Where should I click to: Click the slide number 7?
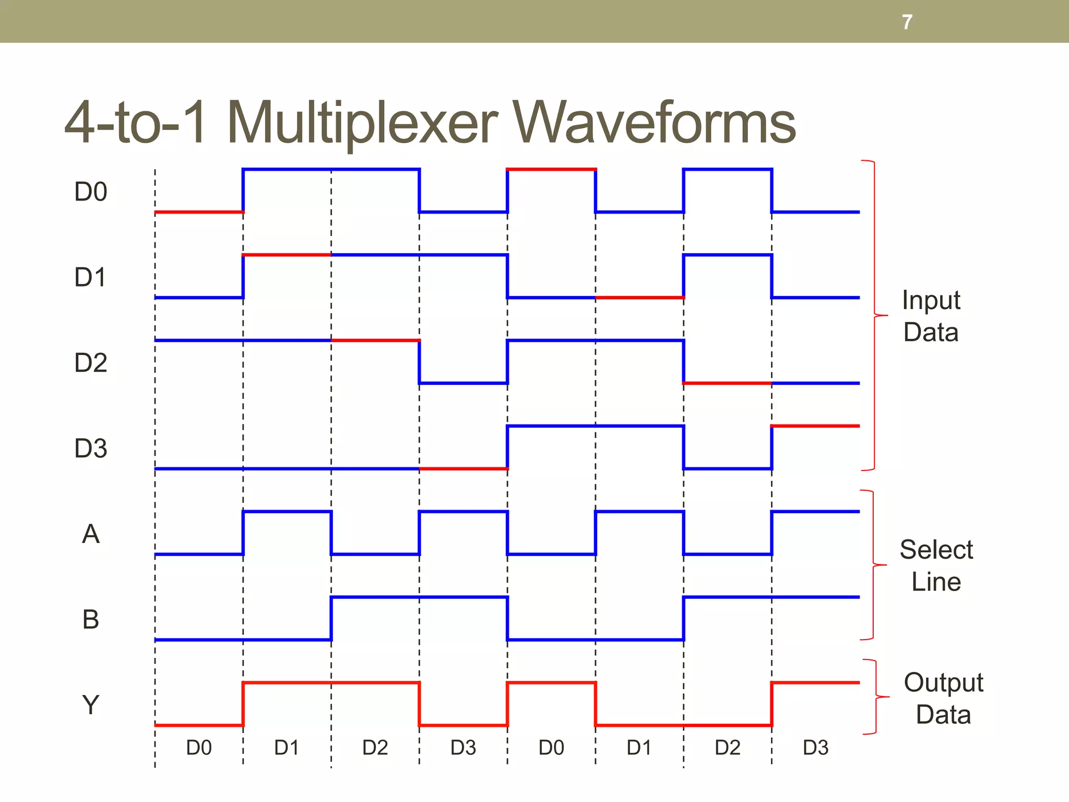click(x=907, y=22)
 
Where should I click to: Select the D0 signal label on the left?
click(x=91, y=192)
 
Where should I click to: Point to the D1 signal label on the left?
click(x=91, y=277)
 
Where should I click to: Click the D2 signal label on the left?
click(x=91, y=363)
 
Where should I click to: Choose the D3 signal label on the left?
click(x=91, y=449)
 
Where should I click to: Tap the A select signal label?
click(x=91, y=534)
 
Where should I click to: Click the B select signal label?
click(x=91, y=620)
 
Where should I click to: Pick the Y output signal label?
click(x=91, y=705)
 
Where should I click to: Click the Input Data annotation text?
click(x=931, y=316)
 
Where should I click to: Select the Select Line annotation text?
click(x=936, y=565)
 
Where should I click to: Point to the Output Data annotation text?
click(x=943, y=698)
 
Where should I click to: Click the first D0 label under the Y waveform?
click(x=199, y=748)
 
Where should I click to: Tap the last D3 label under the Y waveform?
click(x=815, y=748)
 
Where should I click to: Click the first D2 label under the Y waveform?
click(x=375, y=748)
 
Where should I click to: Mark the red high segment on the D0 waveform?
click(x=551, y=169)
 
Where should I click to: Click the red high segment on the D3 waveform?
click(x=815, y=426)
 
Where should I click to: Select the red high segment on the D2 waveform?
click(x=375, y=340)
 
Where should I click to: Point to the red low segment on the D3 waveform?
click(x=464, y=469)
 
